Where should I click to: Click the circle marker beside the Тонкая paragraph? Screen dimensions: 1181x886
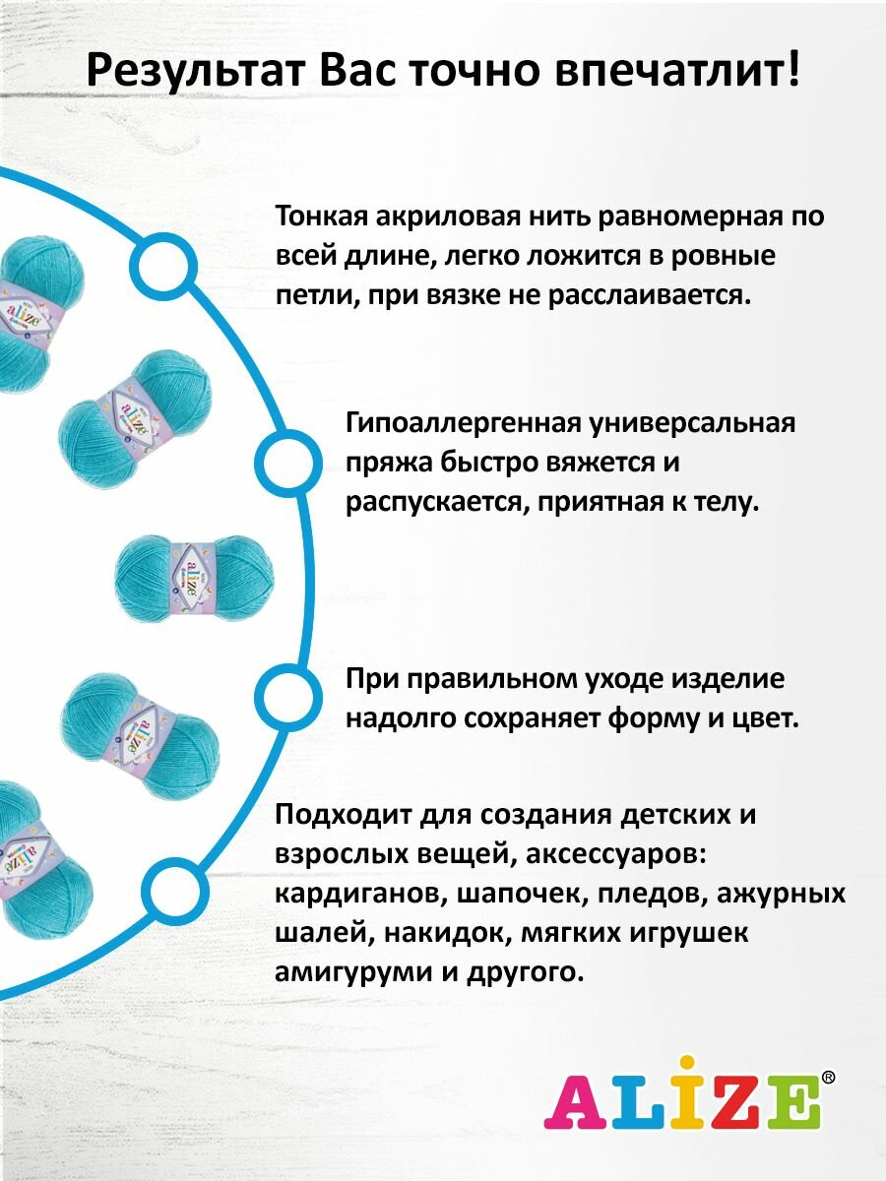point(162,265)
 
